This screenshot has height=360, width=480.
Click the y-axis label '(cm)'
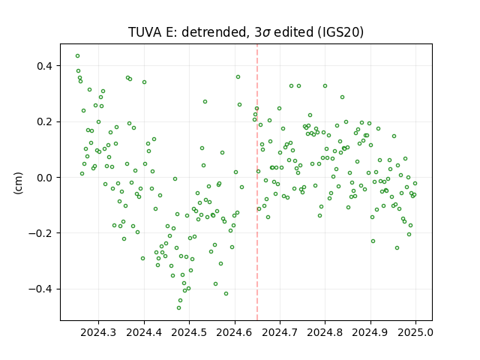pos(18,183)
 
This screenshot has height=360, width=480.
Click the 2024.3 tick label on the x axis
pos(98,332)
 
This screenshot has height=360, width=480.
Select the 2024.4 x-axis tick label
pos(144,332)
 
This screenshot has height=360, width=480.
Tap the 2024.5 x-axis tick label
pos(189,332)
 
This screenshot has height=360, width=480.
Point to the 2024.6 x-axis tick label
pos(235,332)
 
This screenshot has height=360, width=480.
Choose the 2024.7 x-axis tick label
pos(280,332)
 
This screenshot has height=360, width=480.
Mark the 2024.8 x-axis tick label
pos(325,332)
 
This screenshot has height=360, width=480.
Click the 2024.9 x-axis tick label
pos(370,332)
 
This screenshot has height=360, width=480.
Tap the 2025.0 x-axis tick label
pos(415,332)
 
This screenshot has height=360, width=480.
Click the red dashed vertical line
pos(257,182)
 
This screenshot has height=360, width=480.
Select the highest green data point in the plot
pos(78,56)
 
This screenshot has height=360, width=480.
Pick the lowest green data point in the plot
pos(178,307)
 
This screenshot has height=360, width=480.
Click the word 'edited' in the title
pos(293,32)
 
